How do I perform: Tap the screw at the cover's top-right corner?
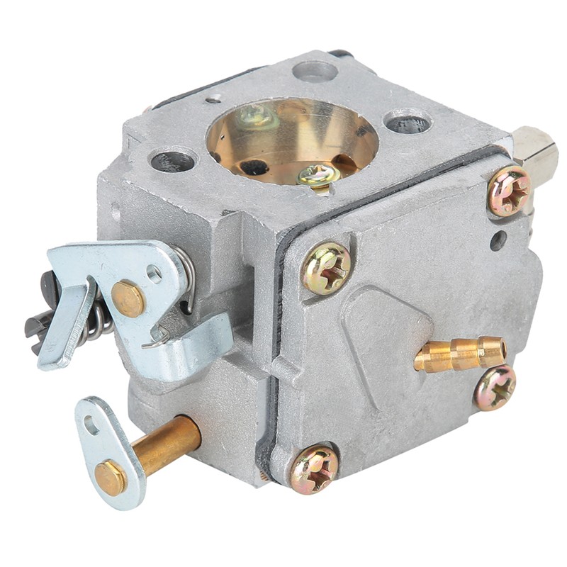click(x=509, y=191)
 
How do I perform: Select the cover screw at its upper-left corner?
click(x=326, y=268)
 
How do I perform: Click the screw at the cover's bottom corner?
click(x=314, y=468)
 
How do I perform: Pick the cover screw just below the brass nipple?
click(x=495, y=388)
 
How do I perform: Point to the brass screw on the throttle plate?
click(x=318, y=175)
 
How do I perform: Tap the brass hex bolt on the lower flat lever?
click(x=111, y=477)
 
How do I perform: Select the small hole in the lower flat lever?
click(x=91, y=425)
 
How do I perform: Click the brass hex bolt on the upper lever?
click(x=128, y=298)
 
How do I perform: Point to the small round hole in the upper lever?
click(x=154, y=273)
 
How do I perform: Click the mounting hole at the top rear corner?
click(x=315, y=71)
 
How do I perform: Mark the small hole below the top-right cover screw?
click(x=498, y=240)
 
